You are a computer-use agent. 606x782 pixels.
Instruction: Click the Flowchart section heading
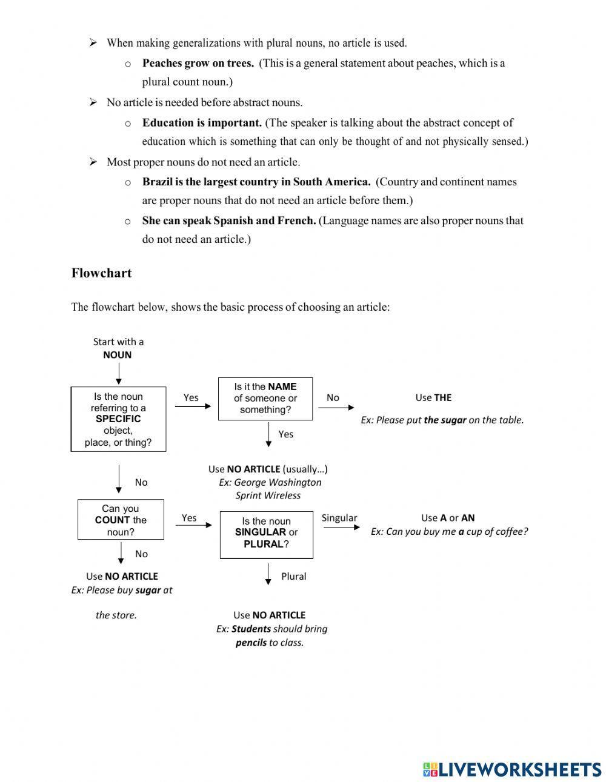[101, 273]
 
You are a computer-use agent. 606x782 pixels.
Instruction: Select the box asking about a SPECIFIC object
[118, 419]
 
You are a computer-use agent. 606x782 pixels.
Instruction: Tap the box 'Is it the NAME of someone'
[265, 398]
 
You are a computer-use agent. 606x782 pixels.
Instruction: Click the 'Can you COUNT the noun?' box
[121, 520]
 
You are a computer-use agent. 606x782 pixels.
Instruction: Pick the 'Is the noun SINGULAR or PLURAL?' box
[266, 533]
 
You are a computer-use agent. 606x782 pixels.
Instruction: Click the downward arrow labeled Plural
[268, 574]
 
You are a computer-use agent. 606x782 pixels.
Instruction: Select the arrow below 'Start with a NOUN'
[119, 374]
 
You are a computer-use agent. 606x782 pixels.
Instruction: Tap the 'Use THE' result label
[433, 397]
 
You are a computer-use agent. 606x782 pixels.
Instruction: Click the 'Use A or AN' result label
[448, 518]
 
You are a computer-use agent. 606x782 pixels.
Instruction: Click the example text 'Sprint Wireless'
[268, 495]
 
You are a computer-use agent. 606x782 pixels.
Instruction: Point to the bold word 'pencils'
[251, 642]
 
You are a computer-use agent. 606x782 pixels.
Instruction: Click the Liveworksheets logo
[511, 769]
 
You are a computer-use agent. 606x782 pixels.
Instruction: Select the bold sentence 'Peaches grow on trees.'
[198, 63]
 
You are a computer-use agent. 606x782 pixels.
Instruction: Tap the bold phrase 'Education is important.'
[202, 122]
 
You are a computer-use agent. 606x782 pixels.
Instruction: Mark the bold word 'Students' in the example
[251, 629]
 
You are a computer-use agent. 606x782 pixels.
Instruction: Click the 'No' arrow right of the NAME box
[336, 408]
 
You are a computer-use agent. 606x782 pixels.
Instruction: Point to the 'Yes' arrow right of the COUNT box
[193, 525]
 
